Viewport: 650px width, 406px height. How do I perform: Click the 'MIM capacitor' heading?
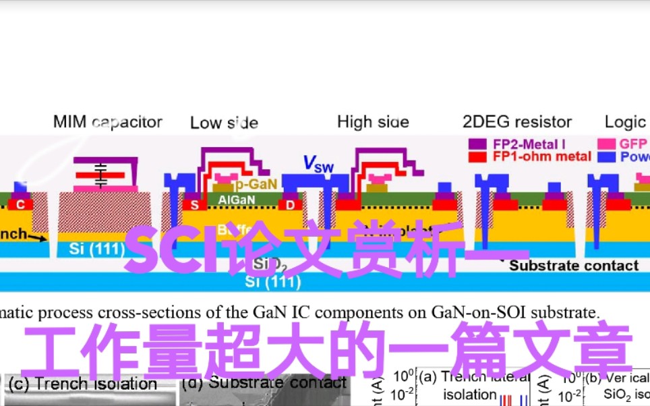click(108, 122)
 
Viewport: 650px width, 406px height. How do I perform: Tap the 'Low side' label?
click(224, 123)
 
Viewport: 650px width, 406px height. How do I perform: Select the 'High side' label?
click(373, 122)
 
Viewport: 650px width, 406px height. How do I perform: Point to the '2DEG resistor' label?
click(517, 122)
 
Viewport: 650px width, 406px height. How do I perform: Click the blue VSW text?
click(318, 163)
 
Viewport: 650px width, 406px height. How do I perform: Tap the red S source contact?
click(195, 205)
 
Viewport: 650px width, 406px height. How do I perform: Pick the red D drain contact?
click(290, 205)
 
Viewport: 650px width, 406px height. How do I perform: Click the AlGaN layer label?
click(236, 199)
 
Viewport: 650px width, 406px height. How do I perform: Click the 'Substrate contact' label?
click(573, 266)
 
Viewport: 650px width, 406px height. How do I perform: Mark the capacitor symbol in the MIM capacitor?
click(101, 174)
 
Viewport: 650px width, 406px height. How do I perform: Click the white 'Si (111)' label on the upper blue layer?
click(97, 249)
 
